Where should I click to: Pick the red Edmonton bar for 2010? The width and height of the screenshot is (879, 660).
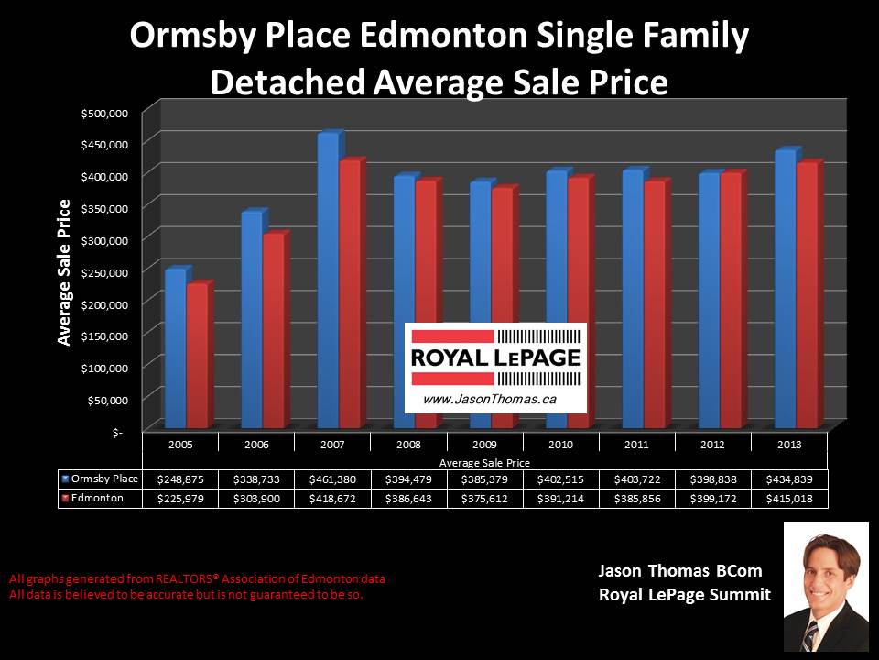(578, 302)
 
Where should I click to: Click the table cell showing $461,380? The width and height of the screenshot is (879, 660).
(333, 479)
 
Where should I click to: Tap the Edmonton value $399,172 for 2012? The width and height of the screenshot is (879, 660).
(713, 499)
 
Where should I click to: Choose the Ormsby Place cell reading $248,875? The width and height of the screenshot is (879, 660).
(181, 479)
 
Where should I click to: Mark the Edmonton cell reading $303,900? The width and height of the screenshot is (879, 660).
(257, 499)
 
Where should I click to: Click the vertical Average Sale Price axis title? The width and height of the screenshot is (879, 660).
(64, 272)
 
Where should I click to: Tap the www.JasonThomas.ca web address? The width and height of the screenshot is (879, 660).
(478, 400)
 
